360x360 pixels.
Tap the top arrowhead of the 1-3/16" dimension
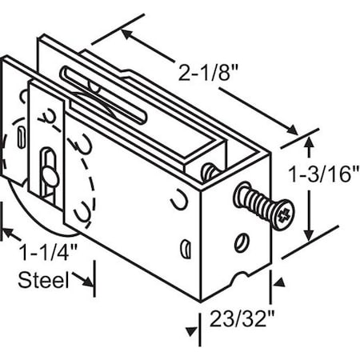(309, 142)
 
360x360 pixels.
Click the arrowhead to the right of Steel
(89, 282)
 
